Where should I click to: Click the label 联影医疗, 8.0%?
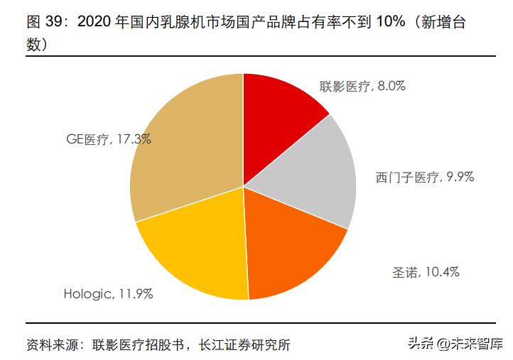point(362,86)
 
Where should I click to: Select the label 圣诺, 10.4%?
point(426,271)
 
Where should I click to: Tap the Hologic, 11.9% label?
point(108,292)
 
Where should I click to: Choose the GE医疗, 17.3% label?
point(107,139)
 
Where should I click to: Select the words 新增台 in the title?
point(451,23)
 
